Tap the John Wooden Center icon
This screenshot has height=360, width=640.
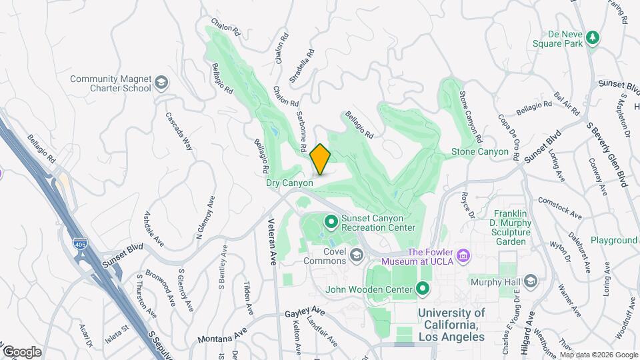(x=422, y=289)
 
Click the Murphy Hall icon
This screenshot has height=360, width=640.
(x=531, y=281)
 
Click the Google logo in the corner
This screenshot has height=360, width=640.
(x=21, y=351)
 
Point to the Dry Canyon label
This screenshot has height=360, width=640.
(x=289, y=183)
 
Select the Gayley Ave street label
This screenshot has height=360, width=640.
(x=305, y=313)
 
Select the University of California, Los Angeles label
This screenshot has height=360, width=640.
(x=451, y=325)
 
